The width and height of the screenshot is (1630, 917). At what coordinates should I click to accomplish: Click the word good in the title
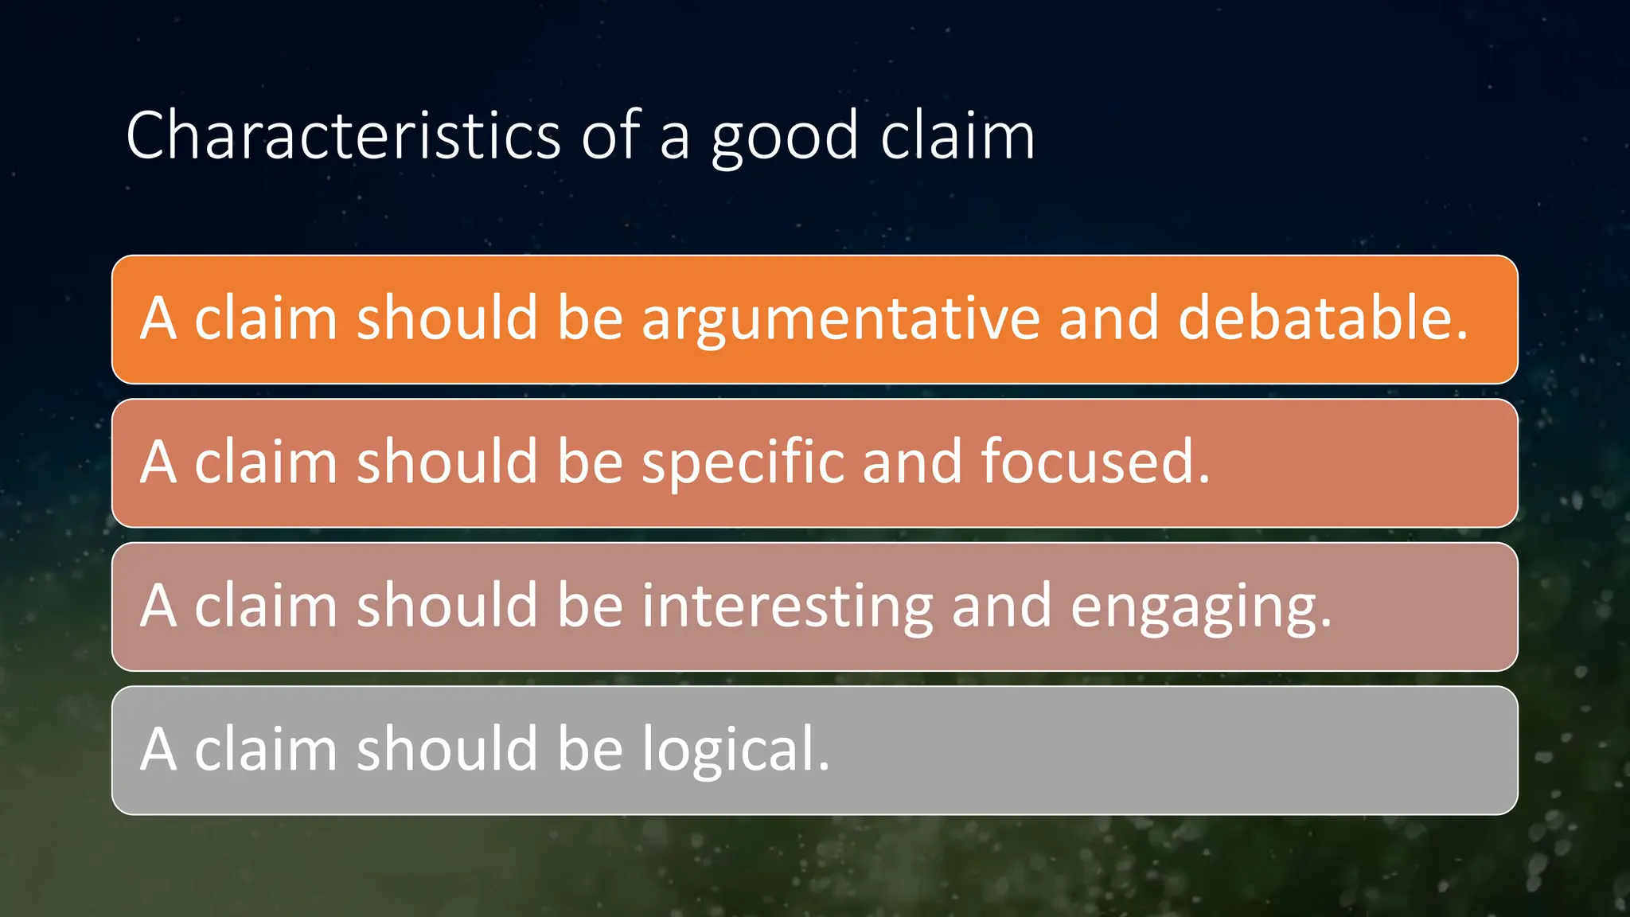pyautogui.click(x=785, y=139)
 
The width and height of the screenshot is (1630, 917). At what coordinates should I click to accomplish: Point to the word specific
pyautogui.click(x=743, y=463)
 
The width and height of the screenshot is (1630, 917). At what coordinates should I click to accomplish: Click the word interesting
pyautogui.click(x=787, y=607)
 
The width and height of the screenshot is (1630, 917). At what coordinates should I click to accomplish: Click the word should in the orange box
pyautogui.click(x=446, y=318)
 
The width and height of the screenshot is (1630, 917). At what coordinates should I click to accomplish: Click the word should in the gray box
pyautogui.click(x=446, y=749)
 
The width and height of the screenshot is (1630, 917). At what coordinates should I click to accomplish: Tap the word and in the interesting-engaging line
pyautogui.click(x=1001, y=606)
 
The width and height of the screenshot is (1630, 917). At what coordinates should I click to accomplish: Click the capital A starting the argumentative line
pyautogui.click(x=158, y=318)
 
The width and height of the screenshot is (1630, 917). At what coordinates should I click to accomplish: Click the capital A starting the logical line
pyautogui.click(x=158, y=750)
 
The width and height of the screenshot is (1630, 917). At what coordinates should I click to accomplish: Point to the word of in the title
pyautogui.click(x=610, y=135)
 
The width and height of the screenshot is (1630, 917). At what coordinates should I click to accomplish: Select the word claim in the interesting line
pyautogui.click(x=266, y=606)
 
